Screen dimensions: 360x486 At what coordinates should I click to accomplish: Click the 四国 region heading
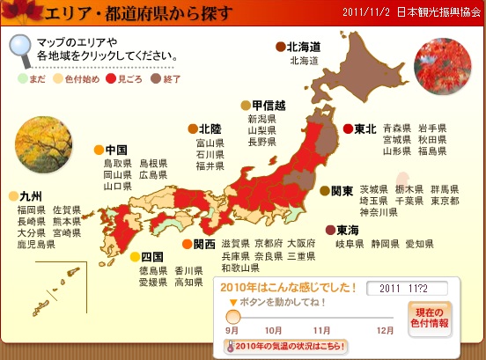pos(152,257)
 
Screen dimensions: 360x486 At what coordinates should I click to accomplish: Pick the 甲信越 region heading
pos(267,105)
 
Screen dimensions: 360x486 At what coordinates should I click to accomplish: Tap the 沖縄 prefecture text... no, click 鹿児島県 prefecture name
pos(35,245)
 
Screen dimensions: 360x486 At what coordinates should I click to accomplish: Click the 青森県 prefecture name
pos(397,128)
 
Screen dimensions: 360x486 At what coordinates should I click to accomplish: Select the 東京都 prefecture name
pos(445,201)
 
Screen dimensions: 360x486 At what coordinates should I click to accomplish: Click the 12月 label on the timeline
pos(385,330)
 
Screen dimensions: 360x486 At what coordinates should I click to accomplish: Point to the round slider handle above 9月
pos(233,317)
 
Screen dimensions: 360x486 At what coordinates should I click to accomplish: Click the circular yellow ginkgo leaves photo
pos(40,139)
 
